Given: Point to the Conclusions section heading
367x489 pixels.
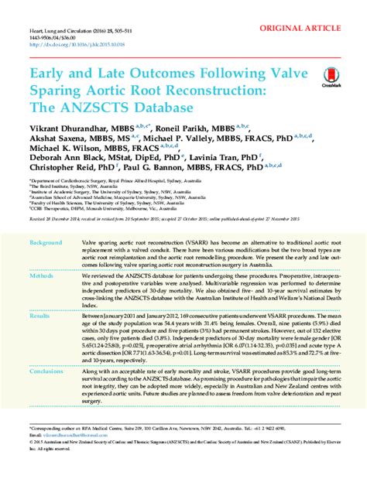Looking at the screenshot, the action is [46, 371].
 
